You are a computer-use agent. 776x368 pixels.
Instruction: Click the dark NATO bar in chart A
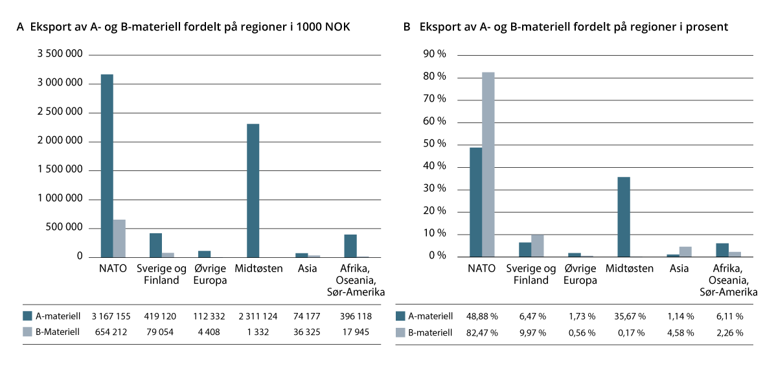pyautogui.click(x=107, y=166)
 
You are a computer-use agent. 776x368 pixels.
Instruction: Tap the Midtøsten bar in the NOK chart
pyautogui.click(x=253, y=190)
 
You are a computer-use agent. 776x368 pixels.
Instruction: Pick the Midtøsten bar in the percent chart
pyautogui.click(x=623, y=216)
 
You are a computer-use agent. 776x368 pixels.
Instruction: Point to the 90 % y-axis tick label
pyautogui.click(x=435, y=54)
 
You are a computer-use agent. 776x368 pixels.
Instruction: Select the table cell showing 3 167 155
pyautogui.click(x=111, y=317)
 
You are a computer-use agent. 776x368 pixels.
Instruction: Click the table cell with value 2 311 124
pyautogui.click(x=257, y=317)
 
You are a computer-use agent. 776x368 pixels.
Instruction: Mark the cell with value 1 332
pyautogui.click(x=257, y=333)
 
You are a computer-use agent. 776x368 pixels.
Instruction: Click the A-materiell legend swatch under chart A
pyautogui.click(x=27, y=317)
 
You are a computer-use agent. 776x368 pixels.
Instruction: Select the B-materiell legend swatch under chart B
pyautogui.click(x=400, y=333)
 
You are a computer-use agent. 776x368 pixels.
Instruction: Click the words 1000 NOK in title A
pyautogui.click(x=323, y=27)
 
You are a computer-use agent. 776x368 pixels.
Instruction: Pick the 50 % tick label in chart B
pyautogui.click(x=435, y=144)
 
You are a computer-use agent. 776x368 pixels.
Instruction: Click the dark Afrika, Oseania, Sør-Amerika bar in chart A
pyautogui.click(x=350, y=246)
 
